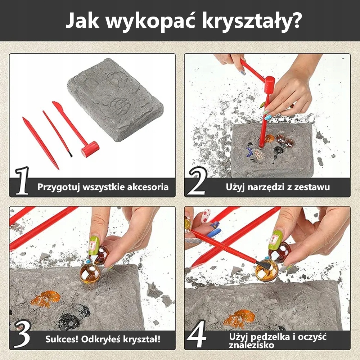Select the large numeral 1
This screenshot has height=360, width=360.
22,181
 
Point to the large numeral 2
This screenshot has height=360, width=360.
197,181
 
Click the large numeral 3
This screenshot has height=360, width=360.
22,334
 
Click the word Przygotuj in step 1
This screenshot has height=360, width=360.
59,187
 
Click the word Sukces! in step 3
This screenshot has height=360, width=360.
60,339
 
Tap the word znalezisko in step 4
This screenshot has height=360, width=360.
251,345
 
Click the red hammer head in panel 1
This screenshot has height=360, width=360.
90,149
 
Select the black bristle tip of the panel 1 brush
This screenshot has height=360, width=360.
71,154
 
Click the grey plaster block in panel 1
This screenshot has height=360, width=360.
115,99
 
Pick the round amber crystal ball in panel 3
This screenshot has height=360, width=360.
90,273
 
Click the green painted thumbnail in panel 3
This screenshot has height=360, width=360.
94,246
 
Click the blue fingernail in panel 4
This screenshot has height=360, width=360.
213,232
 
